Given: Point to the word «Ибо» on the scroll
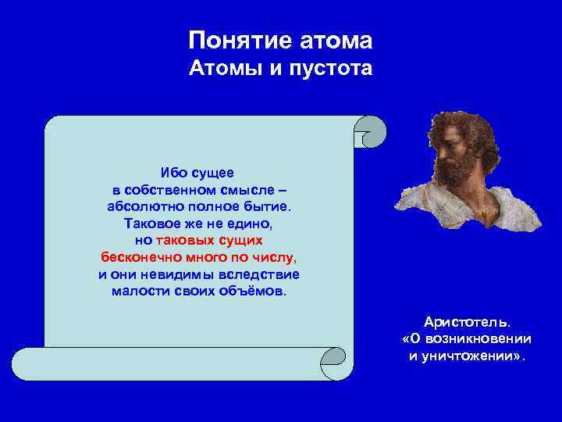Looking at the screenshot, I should click(173, 172).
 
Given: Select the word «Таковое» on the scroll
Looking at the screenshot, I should click(150, 224).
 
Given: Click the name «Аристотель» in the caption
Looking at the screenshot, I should click(467, 322).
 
